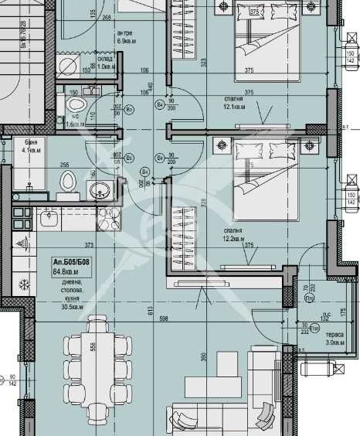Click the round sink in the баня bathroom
click(x=98, y=189)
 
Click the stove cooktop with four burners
click(x=109, y=216)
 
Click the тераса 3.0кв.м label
click(x=335, y=337)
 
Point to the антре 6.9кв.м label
click(x=124, y=36)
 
